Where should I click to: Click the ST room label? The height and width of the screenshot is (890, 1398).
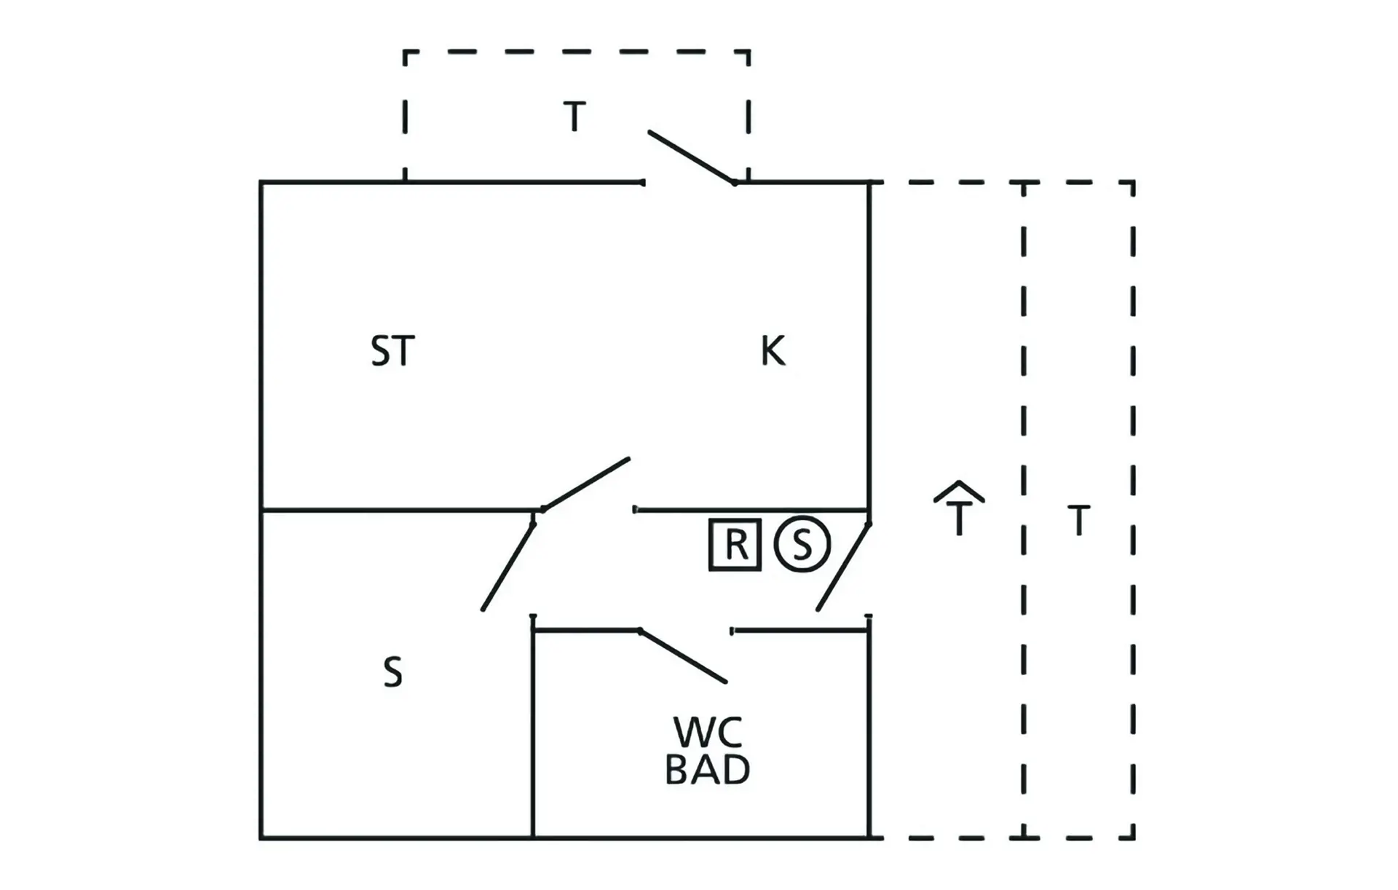coord(392,351)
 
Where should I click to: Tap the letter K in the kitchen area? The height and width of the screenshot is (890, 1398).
coord(773,351)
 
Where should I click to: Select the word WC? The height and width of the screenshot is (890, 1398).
coord(708,733)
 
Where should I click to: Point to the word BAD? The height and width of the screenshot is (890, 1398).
coord(708,770)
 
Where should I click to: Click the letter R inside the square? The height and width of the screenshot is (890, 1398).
coord(736,544)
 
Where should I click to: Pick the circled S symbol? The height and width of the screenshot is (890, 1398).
coord(802,544)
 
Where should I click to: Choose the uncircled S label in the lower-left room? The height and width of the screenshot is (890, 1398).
coord(392,672)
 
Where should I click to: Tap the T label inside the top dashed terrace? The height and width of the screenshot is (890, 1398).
coord(574,117)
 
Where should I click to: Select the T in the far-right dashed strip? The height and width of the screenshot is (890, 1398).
coord(1078,521)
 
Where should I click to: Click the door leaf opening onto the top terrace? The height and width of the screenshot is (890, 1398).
coord(691,157)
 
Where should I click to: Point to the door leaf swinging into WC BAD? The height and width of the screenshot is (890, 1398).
coord(683,656)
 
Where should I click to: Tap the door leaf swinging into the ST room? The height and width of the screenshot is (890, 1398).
coord(586,484)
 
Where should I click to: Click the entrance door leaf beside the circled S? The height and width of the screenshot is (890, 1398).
coord(843,567)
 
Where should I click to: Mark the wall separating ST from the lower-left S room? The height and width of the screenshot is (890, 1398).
coord(398,510)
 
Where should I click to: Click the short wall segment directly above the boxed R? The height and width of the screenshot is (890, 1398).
coord(751,510)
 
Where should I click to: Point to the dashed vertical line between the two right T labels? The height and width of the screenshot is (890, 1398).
coord(1024,510)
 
